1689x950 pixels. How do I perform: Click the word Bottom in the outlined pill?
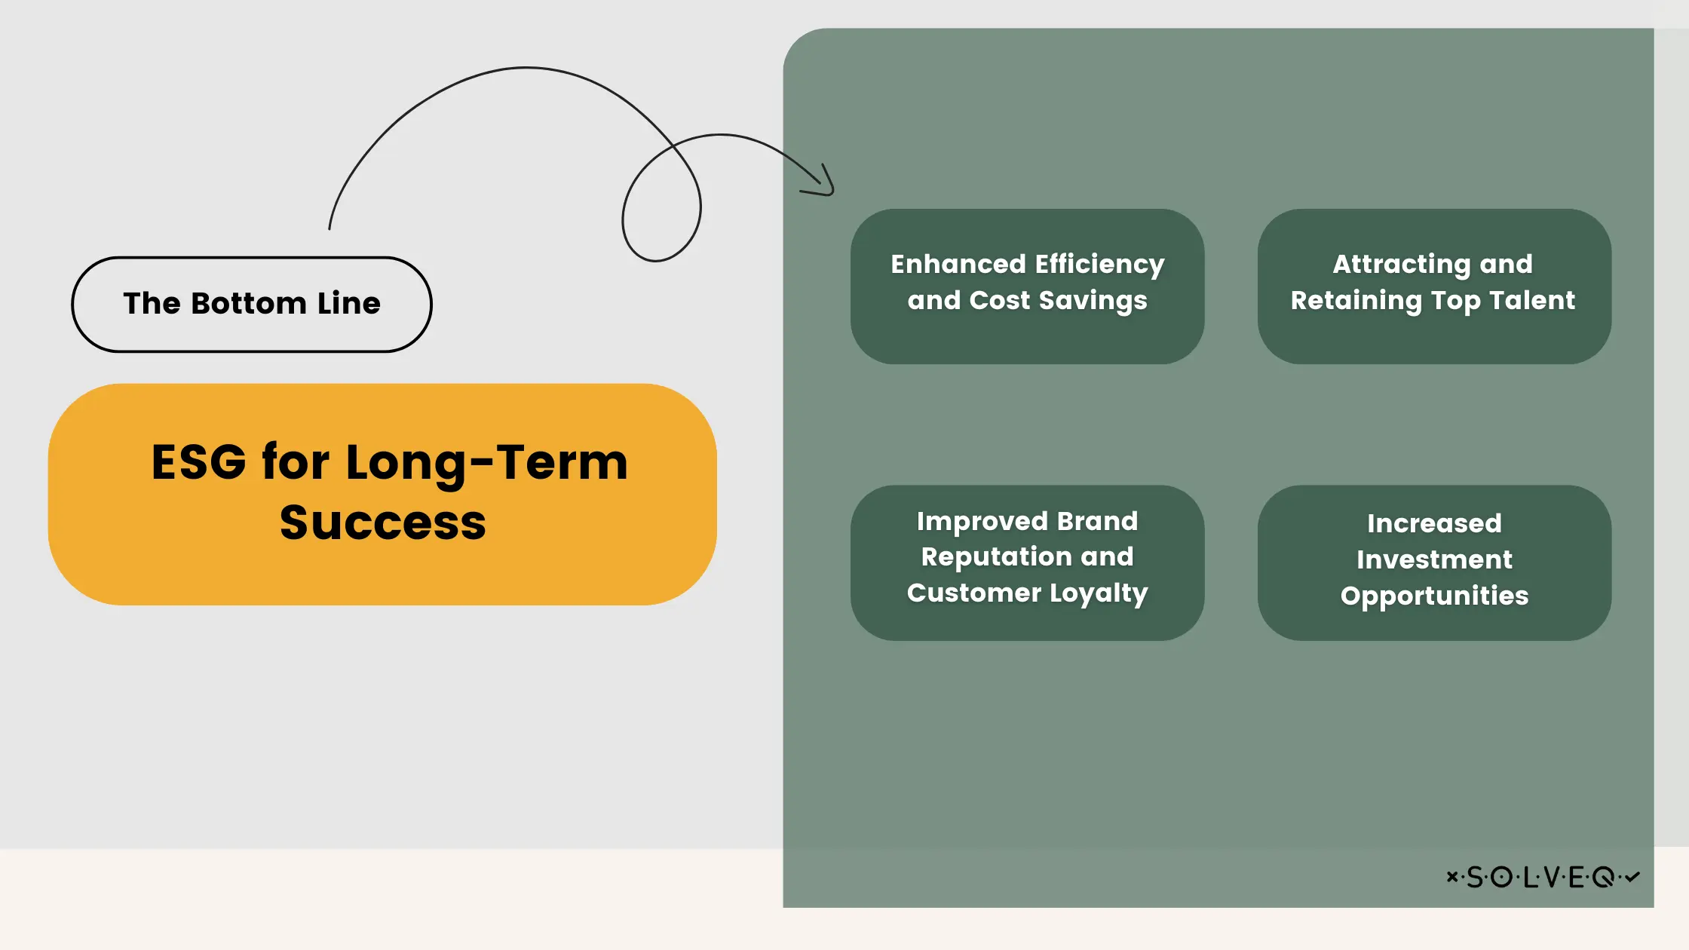pos(249,303)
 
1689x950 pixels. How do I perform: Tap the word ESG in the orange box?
pos(199,461)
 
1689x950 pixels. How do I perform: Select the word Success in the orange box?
pos(383,522)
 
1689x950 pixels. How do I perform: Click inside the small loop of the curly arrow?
pos(661,207)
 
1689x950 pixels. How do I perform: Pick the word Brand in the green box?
pos(1097,521)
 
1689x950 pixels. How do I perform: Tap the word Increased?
pos(1434,523)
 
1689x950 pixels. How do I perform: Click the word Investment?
pos(1434,559)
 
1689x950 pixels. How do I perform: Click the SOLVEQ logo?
pos(1543,877)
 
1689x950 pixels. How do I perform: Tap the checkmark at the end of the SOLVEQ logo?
pos(1632,876)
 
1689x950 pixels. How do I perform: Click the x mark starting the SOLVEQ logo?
pos(1451,876)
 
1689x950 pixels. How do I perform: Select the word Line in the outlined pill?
pos(349,303)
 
